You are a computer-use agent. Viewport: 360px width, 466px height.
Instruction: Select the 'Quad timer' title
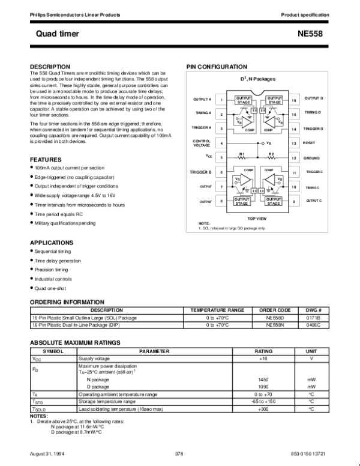tap(53, 34)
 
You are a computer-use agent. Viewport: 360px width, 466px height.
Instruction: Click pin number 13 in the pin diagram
tap(294, 144)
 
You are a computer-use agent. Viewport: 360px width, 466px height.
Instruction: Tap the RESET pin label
tap(310, 144)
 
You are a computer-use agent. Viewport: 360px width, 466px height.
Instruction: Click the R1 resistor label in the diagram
tap(242, 154)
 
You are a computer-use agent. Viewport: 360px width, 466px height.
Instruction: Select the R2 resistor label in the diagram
tap(271, 154)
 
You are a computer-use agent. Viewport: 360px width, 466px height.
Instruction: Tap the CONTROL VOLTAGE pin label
tap(202, 144)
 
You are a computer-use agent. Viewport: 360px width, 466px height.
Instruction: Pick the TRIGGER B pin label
tap(201, 172)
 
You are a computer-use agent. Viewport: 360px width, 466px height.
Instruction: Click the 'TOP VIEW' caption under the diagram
tap(257, 219)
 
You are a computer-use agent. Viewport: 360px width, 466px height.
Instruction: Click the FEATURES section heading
tap(46, 160)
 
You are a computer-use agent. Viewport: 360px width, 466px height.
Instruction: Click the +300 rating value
tap(263, 410)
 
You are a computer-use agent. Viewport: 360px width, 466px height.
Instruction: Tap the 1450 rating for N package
tap(263, 380)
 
